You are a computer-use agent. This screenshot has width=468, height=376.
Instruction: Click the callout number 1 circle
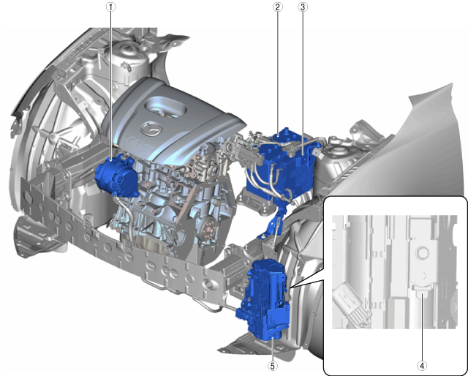click(110, 7)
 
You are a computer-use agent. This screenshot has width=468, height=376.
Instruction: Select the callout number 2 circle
click(278, 7)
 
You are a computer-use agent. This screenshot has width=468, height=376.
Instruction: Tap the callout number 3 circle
click(303, 7)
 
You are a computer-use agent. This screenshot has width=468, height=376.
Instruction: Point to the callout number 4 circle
click(422, 366)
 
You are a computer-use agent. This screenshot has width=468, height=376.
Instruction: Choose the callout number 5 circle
click(273, 366)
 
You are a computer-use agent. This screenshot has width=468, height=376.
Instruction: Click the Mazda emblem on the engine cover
click(151, 129)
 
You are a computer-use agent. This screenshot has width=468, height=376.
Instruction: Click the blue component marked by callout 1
click(116, 177)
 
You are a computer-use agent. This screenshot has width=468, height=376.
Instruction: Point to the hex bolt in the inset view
click(421, 253)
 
